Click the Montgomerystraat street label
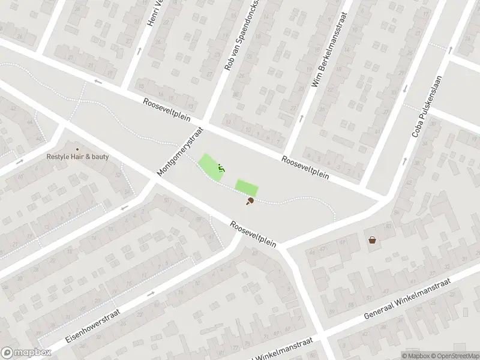coord(180,151)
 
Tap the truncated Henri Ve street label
coord(151,13)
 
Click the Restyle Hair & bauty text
coord(77,158)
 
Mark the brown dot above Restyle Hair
coord(77,149)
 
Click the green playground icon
coord(221,169)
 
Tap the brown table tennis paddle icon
coord(249,202)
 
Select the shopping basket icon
coord(373,240)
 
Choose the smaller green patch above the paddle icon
coord(246,187)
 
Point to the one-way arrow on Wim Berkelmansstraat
coord(301,118)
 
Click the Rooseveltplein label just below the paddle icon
coord(253,234)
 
